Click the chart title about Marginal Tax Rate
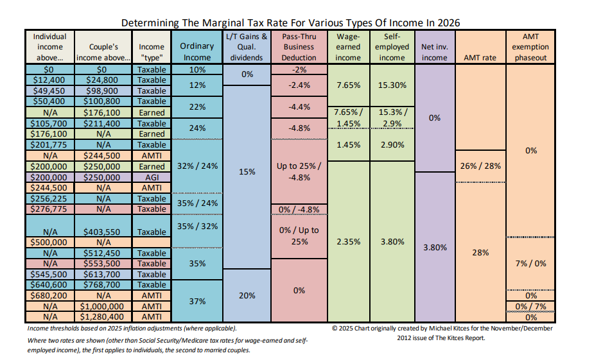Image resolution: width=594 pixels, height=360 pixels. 290,22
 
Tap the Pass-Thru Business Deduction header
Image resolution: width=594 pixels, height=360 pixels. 299,47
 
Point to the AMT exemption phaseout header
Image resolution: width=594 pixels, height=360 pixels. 530,47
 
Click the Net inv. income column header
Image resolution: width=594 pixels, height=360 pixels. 434,52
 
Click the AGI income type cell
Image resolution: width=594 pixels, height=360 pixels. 152,177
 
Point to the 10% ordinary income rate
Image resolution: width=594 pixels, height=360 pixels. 197,69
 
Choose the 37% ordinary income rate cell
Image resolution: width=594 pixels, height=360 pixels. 197,301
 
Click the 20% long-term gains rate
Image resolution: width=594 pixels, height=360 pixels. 247,295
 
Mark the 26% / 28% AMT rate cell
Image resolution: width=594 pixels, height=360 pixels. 480,166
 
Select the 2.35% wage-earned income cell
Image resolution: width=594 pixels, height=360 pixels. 348,242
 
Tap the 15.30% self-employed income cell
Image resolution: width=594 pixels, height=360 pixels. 392,85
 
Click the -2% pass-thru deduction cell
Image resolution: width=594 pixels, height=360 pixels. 299,69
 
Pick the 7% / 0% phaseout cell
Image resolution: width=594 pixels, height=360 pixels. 530,264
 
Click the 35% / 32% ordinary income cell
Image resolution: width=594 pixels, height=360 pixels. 197,226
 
